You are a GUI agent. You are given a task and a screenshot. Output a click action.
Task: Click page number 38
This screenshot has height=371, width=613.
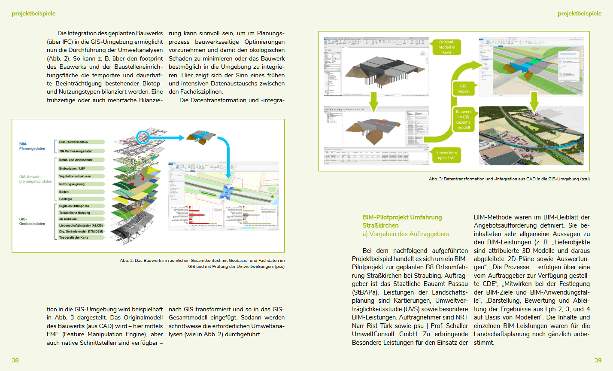(15, 360)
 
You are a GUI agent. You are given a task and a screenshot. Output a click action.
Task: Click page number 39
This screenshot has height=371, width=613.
(598, 360)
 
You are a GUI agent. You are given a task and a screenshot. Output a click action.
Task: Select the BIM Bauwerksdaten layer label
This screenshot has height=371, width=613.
(73, 142)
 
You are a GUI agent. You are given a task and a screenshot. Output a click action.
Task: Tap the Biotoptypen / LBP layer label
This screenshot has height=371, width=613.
(72, 168)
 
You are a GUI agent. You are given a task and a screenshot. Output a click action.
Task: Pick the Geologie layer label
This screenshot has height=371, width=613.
(66, 199)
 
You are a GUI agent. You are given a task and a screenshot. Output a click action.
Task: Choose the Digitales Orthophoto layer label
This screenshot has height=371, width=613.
(74, 206)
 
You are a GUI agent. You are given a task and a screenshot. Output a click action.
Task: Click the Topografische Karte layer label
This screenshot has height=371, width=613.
(74, 237)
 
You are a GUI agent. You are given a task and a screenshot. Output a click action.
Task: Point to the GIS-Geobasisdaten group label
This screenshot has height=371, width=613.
(32, 221)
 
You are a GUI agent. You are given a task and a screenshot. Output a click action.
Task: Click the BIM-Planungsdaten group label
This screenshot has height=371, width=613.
(32, 146)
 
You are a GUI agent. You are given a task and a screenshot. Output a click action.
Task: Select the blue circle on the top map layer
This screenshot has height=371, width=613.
(143, 137)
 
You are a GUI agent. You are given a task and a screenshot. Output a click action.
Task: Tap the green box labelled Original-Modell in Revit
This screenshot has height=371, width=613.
(446, 47)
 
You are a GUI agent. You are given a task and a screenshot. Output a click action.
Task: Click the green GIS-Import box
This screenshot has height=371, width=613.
(463, 88)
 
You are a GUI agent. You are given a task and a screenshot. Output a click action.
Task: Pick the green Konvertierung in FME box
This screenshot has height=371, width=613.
(446, 155)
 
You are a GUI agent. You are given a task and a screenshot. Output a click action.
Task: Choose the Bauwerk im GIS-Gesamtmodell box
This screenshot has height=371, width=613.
(464, 119)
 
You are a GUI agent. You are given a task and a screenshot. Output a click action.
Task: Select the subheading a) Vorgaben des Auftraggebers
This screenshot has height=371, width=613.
(406, 234)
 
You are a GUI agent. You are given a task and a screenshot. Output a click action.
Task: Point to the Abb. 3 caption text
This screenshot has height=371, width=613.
(509, 179)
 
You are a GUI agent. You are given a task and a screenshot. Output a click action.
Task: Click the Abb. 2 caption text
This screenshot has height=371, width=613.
(202, 263)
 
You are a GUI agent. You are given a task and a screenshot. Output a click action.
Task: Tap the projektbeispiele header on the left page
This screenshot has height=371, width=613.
(33, 14)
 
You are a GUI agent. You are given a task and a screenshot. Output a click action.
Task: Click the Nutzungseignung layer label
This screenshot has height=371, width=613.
(72, 184)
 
